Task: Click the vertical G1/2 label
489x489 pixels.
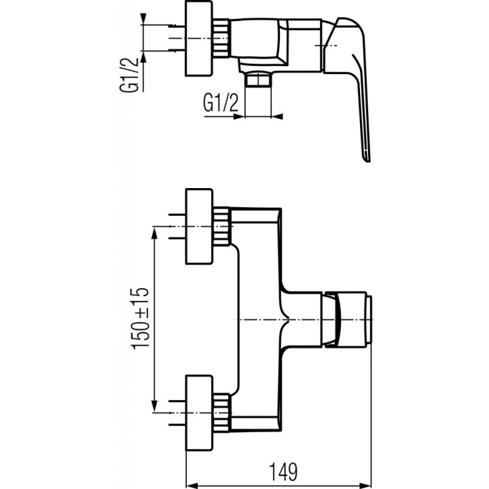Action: click(x=133, y=75)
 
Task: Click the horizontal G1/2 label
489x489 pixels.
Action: click(x=221, y=103)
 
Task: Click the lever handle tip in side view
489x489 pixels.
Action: click(x=367, y=156)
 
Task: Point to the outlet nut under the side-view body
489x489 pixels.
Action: click(x=258, y=81)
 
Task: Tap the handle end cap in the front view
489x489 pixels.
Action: click(x=367, y=319)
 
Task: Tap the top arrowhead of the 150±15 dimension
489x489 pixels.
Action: click(x=157, y=233)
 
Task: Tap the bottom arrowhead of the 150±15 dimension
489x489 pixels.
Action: click(x=157, y=405)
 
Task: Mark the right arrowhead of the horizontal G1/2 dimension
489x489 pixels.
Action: click(x=277, y=115)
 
